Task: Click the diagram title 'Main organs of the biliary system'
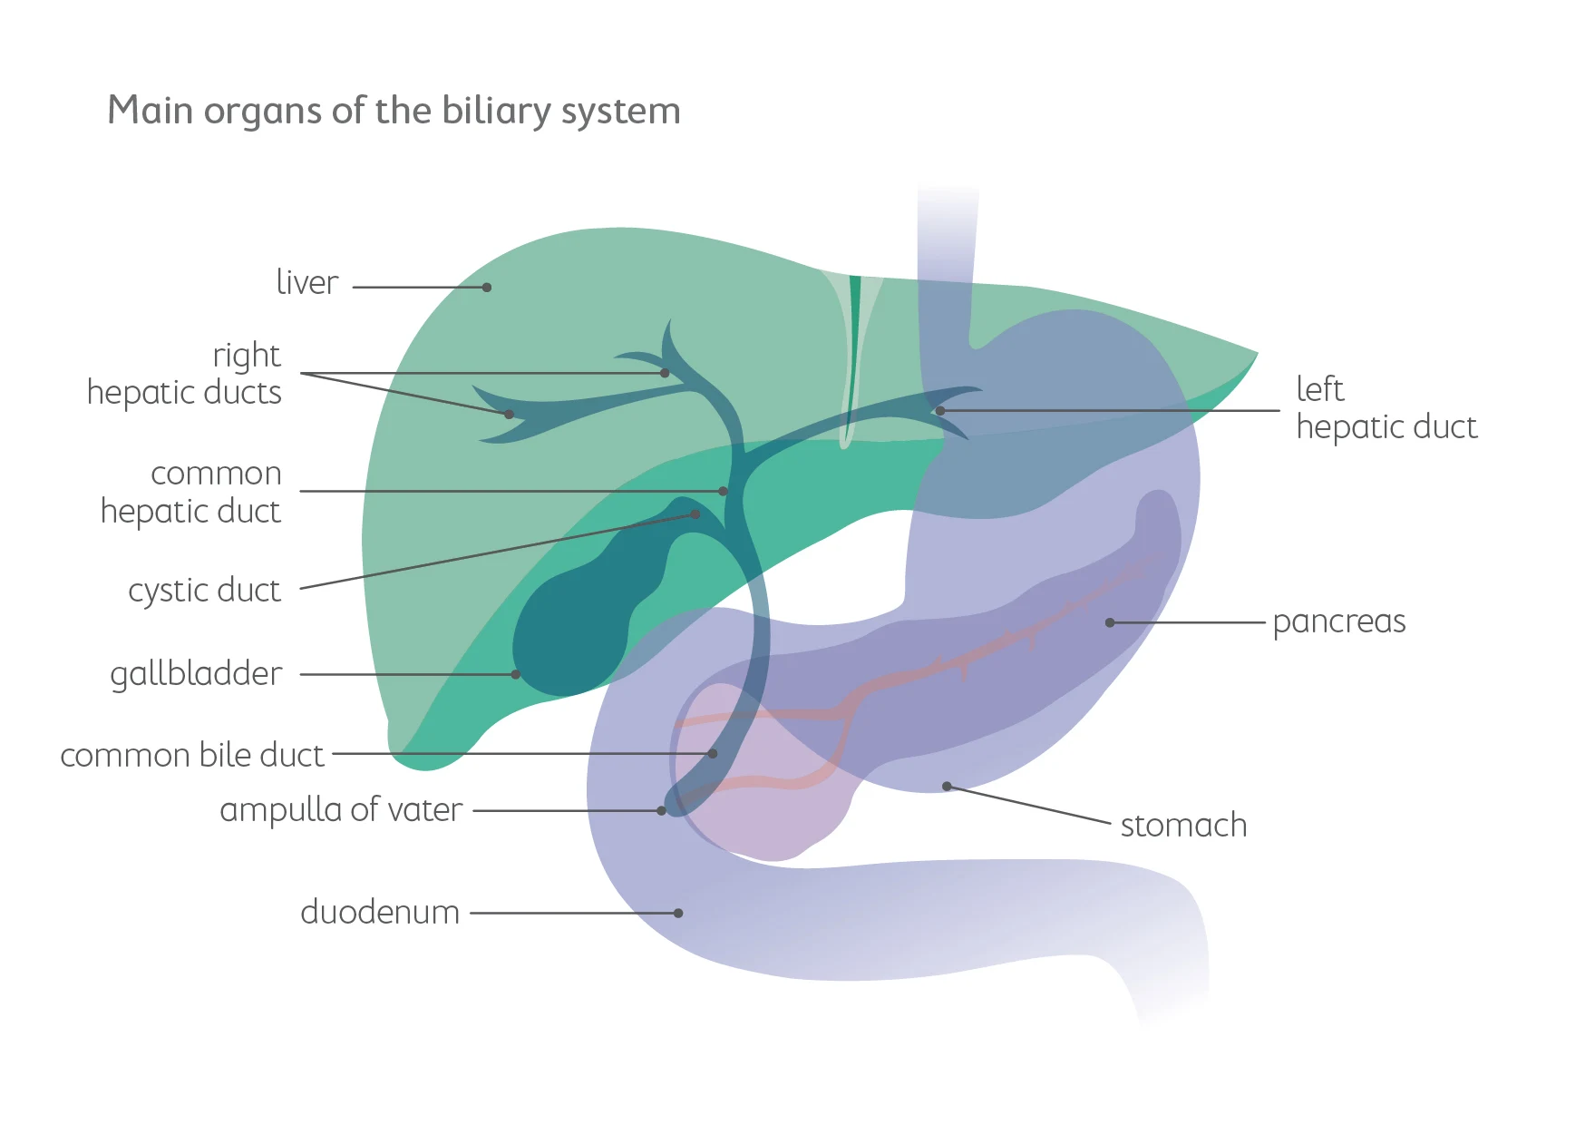pos(394,112)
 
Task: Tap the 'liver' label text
pos(306,283)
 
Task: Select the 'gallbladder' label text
pos(196,674)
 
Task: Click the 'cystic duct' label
pos(204,591)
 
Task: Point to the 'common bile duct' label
pos(191,755)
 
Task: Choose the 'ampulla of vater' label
pos(341,809)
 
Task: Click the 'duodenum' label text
pos(380,912)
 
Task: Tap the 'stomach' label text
pos(1183,826)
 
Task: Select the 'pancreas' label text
pos(1338,622)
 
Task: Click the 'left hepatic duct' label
pos(1386,408)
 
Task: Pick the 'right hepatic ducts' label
pos(184,374)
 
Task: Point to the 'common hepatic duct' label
pos(191,493)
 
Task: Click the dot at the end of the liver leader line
pos(487,288)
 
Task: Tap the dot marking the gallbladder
pos(515,674)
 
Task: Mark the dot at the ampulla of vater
pos(662,810)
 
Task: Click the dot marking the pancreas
pos(1110,622)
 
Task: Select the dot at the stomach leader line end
pos(947,786)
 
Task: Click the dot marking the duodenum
pos(678,913)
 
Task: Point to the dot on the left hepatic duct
pos(940,411)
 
